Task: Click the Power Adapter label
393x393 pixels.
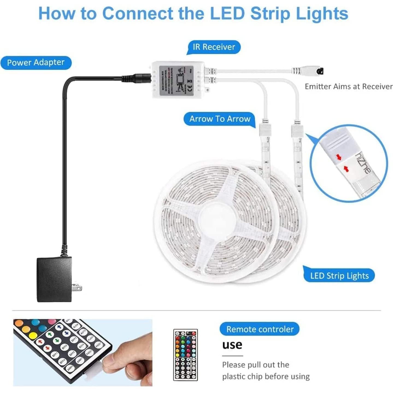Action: click(x=36, y=63)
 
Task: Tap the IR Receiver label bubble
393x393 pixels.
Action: click(x=214, y=47)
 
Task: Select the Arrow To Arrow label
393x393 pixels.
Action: click(x=220, y=119)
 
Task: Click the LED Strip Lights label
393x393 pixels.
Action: click(x=339, y=276)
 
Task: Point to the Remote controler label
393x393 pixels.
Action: click(x=260, y=329)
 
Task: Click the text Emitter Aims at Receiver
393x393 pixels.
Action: click(x=348, y=87)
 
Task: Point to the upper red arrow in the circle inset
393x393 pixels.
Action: click(x=339, y=157)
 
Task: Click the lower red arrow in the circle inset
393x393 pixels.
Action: click(x=346, y=169)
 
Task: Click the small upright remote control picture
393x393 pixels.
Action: click(x=185, y=355)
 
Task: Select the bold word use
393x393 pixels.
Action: click(x=232, y=345)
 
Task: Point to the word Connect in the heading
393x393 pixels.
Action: click(x=138, y=13)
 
